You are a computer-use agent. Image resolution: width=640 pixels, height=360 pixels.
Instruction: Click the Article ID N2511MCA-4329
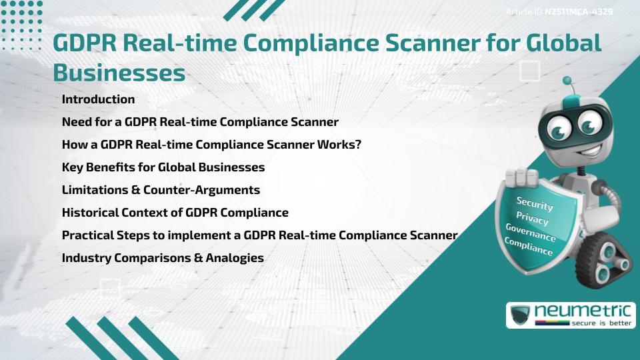pyautogui.click(x=559, y=12)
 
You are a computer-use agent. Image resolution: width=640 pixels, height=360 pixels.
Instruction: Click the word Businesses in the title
pyautogui.click(x=119, y=72)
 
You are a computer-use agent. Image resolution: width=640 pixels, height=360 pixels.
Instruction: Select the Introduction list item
pyautogui.click(x=98, y=99)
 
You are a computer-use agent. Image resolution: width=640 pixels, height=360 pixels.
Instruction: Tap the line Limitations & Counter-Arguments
pyautogui.click(x=161, y=190)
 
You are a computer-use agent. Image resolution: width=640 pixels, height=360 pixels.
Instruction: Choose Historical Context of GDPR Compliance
pyautogui.click(x=175, y=213)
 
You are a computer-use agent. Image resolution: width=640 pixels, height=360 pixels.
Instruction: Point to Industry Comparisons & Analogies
pyautogui.click(x=163, y=257)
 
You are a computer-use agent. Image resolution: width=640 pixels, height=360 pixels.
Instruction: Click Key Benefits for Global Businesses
pyautogui.click(x=163, y=167)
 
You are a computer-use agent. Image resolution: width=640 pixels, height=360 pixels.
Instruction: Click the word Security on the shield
pyautogui.click(x=535, y=203)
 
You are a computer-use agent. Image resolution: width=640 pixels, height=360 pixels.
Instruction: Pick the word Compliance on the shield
pyautogui.click(x=528, y=247)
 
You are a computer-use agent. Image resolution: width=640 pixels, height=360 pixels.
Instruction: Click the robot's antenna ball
pyautogui.click(x=567, y=81)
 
